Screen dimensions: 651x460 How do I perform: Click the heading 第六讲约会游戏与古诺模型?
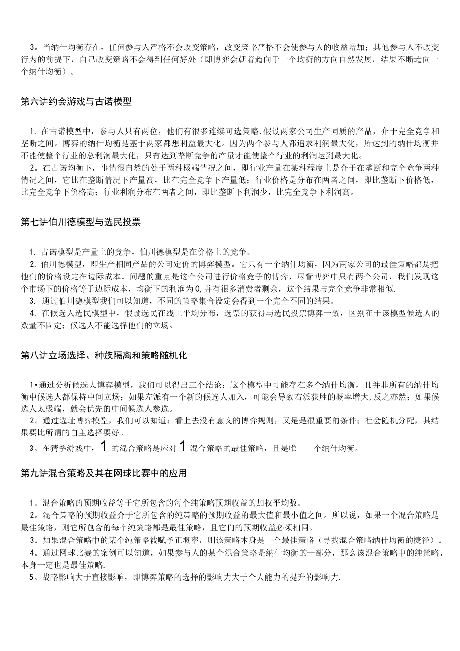pos(77,102)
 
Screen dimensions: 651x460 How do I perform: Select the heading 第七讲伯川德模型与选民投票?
pos(81,222)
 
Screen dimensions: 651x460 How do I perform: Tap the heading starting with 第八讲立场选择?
pos(104,356)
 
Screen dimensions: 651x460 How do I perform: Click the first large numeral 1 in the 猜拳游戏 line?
pos(103,447)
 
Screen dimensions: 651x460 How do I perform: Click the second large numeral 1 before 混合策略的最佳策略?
pos(182,447)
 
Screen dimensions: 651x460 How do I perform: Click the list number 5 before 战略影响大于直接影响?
pos(32,577)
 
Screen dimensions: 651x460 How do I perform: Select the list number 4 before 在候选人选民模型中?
pos(32,313)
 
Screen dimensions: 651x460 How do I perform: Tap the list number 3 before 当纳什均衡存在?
pos(32,47)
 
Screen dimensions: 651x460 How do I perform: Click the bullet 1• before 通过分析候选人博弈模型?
pos(33,385)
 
